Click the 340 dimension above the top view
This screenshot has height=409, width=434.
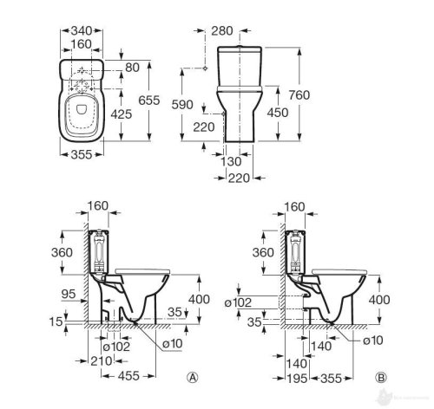(x=82, y=30)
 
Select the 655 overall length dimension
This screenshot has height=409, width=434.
(x=149, y=101)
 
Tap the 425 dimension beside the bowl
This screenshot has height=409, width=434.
(x=122, y=114)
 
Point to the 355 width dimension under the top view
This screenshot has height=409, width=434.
(x=82, y=154)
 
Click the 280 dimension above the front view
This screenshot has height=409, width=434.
(x=222, y=31)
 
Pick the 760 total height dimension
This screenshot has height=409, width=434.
(x=299, y=94)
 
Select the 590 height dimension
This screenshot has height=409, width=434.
(x=182, y=105)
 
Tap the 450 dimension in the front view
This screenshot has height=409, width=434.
(x=278, y=113)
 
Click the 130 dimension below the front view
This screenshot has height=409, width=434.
(x=231, y=162)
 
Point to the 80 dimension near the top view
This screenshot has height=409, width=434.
(x=132, y=68)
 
